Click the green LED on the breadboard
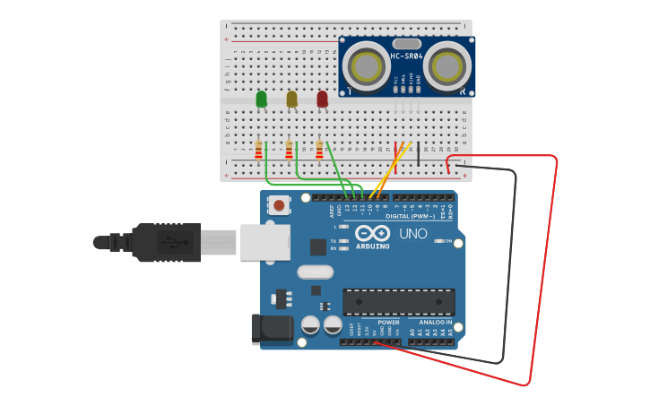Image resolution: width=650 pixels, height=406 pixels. pyautogui.click(x=261, y=99)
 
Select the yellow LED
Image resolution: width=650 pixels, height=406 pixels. pyautogui.click(x=291, y=99)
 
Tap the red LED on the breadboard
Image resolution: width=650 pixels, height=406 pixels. pyautogui.click(x=322, y=99)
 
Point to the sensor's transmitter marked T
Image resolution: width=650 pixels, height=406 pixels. pyautogui.click(x=365, y=66)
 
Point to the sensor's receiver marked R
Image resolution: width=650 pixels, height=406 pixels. pyautogui.click(x=446, y=66)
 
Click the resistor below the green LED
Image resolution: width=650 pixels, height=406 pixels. pyautogui.click(x=258, y=150)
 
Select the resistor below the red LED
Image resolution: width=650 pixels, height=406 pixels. pyautogui.click(x=319, y=150)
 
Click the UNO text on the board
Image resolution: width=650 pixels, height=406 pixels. pyautogui.click(x=412, y=234)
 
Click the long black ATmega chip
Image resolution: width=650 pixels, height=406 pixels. pyautogui.click(x=398, y=302)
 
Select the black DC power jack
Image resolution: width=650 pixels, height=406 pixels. pyautogui.click(x=272, y=330)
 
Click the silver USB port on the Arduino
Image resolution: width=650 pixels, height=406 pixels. pyautogui.click(x=265, y=242)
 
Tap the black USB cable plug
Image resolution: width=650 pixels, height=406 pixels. pyautogui.click(x=166, y=242)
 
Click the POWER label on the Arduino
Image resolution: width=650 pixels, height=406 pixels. pyautogui.click(x=388, y=322)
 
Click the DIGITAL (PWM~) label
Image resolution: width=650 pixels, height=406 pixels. pyautogui.click(x=410, y=216)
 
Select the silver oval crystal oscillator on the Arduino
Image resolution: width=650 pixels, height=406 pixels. pyautogui.click(x=314, y=272)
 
